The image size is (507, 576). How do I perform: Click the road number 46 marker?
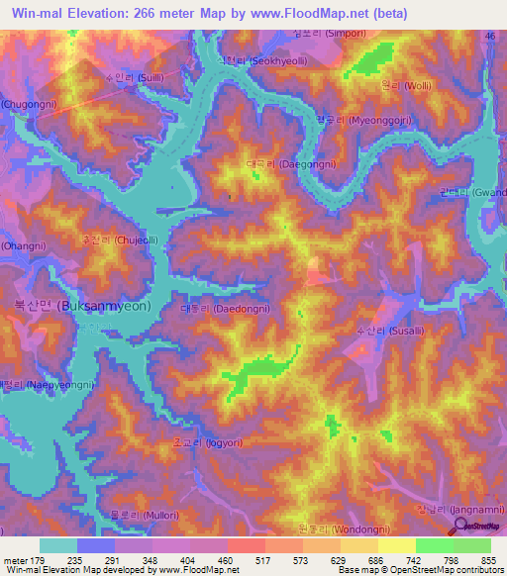(x=489, y=36)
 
